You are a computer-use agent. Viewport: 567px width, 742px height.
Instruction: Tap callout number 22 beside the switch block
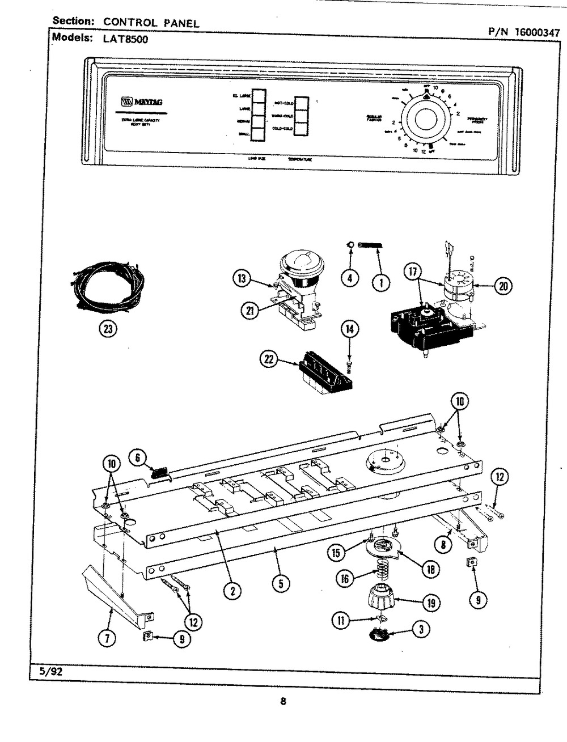point(268,358)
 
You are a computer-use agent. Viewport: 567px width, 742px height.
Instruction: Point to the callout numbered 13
point(242,278)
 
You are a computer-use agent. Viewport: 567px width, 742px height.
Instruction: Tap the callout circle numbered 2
point(231,591)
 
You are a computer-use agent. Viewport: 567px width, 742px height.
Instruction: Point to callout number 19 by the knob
point(433,604)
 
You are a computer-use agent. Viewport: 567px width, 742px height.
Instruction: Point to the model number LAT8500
point(125,40)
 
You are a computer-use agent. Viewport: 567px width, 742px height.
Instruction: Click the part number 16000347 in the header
point(536,32)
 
